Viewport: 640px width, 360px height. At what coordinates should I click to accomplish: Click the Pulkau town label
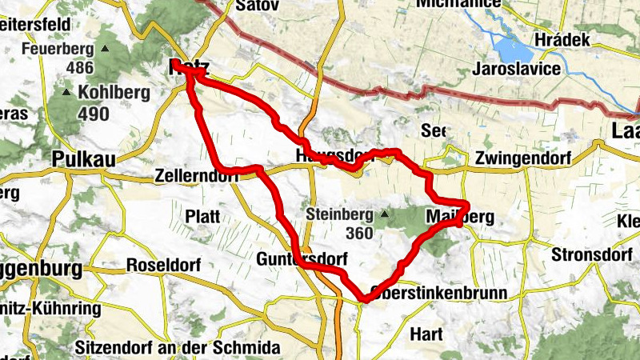(x=83, y=159)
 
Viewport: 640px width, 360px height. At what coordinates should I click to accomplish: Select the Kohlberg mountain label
(x=114, y=92)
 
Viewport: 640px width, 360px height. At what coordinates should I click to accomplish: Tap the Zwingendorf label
(x=522, y=158)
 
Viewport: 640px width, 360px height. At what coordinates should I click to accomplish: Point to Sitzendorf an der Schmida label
(x=178, y=348)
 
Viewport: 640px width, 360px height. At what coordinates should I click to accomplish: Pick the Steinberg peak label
(x=340, y=215)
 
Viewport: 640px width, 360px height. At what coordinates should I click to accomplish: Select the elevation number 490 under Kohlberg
(x=94, y=114)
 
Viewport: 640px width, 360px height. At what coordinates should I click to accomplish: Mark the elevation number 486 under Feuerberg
(x=80, y=68)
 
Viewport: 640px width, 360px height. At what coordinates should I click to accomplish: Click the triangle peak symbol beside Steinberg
(x=384, y=214)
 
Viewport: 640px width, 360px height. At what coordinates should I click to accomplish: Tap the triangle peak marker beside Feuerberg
(x=104, y=49)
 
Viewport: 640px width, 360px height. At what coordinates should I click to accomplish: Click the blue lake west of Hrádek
(x=511, y=50)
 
